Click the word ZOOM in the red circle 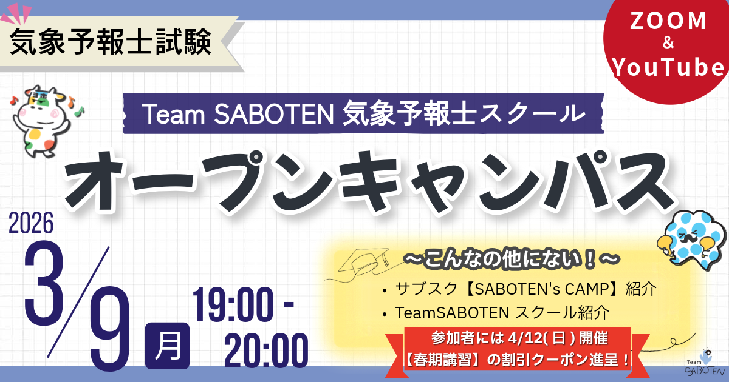click(x=667, y=22)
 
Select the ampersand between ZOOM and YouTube click(x=667, y=45)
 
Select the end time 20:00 click(x=265, y=350)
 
